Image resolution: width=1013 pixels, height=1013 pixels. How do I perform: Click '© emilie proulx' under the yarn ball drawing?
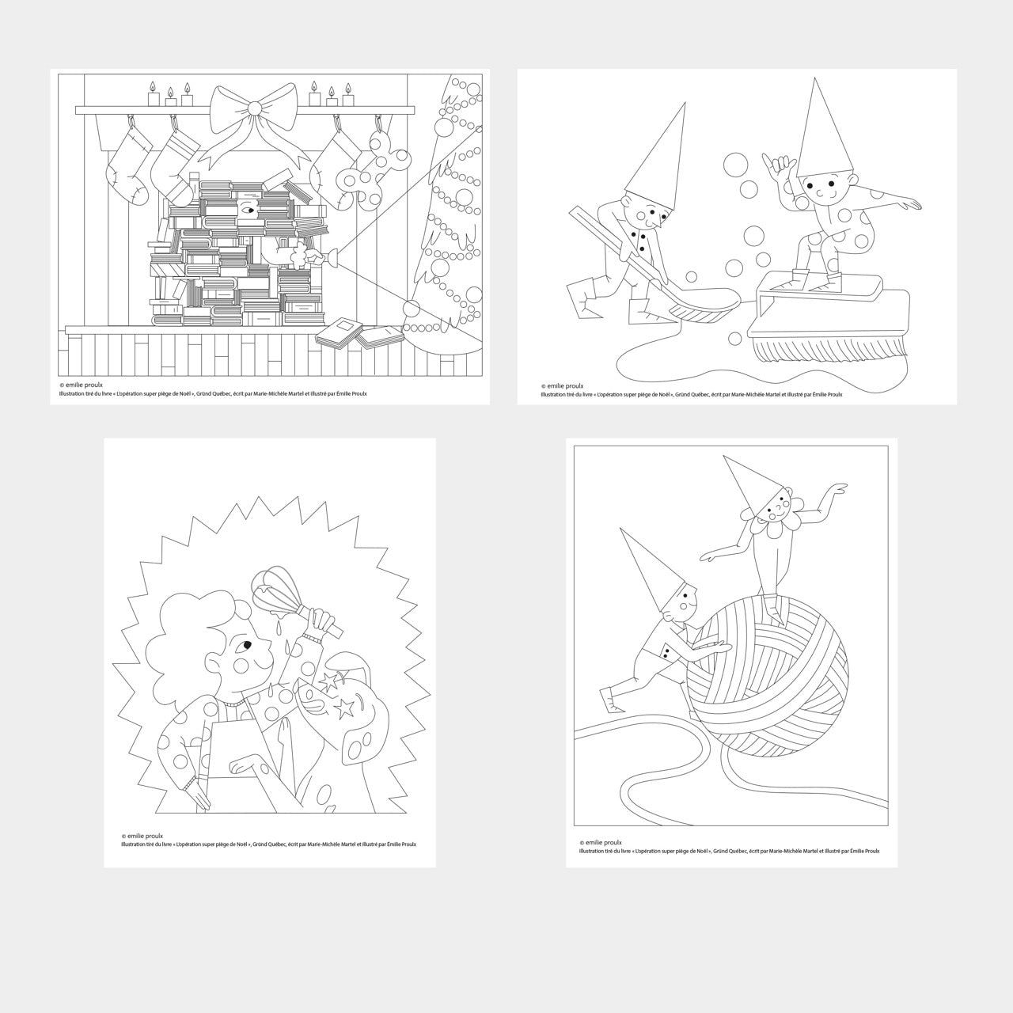click(x=601, y=843)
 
